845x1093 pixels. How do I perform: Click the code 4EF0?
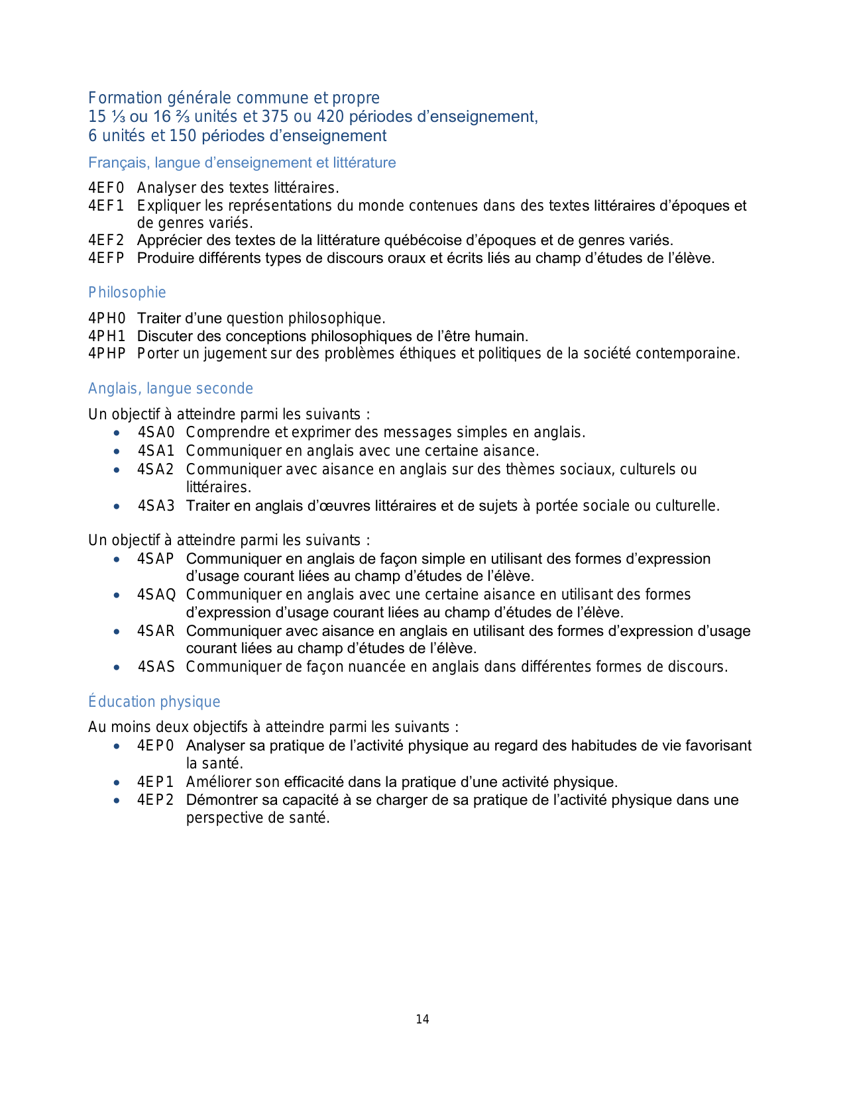[106, 188]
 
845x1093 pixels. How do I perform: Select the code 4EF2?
[106, 240]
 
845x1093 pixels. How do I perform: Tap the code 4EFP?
[106, 258]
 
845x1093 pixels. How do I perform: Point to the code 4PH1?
[107, 337]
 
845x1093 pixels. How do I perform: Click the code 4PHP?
[107, 354]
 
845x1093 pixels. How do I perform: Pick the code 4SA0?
[156, 433]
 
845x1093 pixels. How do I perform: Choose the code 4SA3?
[156, 506]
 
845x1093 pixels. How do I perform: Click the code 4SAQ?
[156, 595]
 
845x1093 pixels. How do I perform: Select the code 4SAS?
[156, 667]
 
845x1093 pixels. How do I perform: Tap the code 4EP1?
[155, 782]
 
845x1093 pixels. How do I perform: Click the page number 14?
[422, 1019]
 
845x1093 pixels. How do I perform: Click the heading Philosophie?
[127, 293]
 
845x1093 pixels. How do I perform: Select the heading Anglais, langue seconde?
[170, 389]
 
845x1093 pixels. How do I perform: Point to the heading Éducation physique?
[154, 702]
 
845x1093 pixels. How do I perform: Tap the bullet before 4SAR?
[117, 631]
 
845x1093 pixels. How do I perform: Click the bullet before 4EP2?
[117, 800]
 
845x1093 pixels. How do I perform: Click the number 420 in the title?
[331, 117]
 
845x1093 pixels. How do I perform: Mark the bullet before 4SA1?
[117, 451]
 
